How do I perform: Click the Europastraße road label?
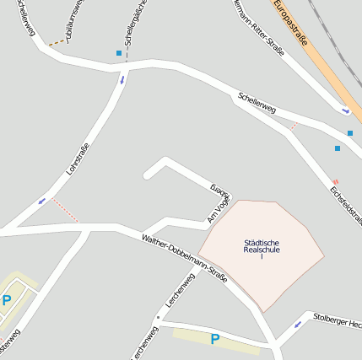pyautogui.click(x=291, y=26)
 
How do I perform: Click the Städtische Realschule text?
pyautogui.click(x=262, y=248)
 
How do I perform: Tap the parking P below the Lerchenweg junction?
pyautogui.click(x=215, y=339)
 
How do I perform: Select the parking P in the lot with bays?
pyautogui.click(x=7, y=300)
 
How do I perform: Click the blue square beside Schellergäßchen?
pyautogui.click(x=119, y=53)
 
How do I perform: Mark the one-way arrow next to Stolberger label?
pyautogui.click(x=298, y=324)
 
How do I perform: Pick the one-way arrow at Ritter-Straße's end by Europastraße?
pyautogui.click(x=345, y=110)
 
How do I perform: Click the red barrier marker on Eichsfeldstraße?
pyautogui.click(x=335, y=181)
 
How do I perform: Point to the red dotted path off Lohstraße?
pyautogui.click(x=65, y=210)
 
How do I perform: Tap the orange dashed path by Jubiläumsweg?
pyautogui.click(x=57, y=40)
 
